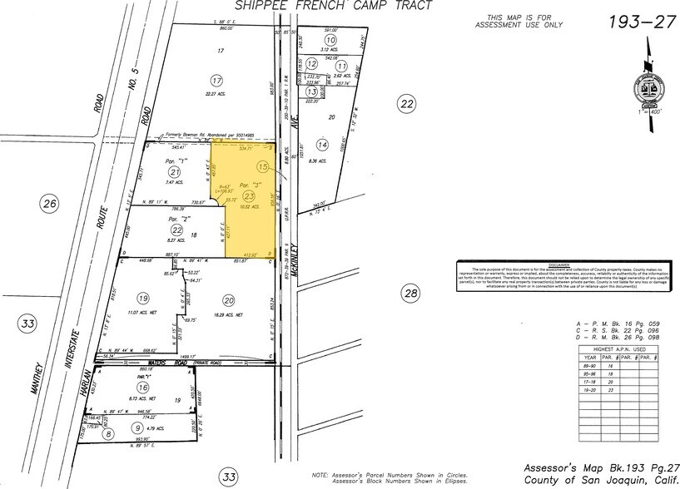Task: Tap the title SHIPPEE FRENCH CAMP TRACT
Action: [x=335, y=6]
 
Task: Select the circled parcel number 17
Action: [x=217, y=81]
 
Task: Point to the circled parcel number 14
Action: [x=322, y=145]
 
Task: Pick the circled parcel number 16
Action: [x=145, y=388]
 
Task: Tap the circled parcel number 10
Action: [x=330, y=40]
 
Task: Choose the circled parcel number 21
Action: [x=175, y=171]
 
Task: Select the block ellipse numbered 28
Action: [x=409, y=293]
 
